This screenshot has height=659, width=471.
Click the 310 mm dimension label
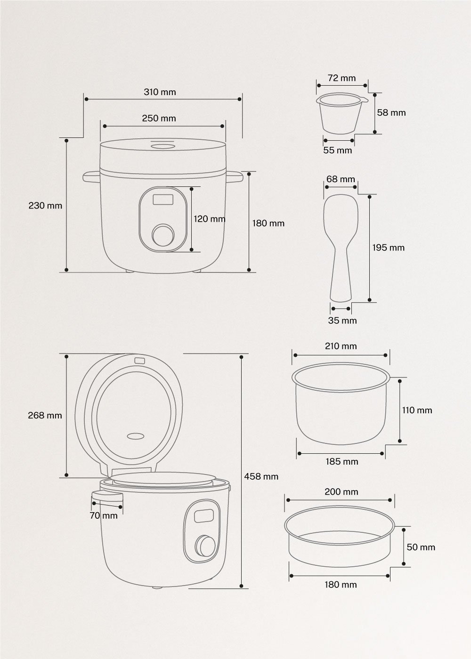(160, 92)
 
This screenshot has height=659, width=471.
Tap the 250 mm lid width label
(159, 118)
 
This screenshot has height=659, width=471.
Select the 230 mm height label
(45, 205)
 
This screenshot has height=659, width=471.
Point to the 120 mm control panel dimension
(210, 219)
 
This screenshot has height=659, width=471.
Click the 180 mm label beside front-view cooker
(268, 223)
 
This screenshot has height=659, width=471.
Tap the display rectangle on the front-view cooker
(163, 200)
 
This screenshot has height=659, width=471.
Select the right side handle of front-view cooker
(234, 177)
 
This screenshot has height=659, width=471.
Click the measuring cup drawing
(341, 114)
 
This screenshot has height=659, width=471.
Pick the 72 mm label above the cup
(341, 78)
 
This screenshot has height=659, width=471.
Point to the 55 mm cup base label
(338, 150)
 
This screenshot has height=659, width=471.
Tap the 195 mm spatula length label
(388, 248)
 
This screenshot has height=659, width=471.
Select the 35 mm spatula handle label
(342, 321)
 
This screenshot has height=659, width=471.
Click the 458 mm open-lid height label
(261, 476)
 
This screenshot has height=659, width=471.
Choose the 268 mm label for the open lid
(45, 415)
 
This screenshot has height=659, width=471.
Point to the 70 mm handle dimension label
(104, 515)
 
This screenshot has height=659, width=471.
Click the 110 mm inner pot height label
(417, 410)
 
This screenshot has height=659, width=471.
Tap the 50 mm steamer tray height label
(421, 547)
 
